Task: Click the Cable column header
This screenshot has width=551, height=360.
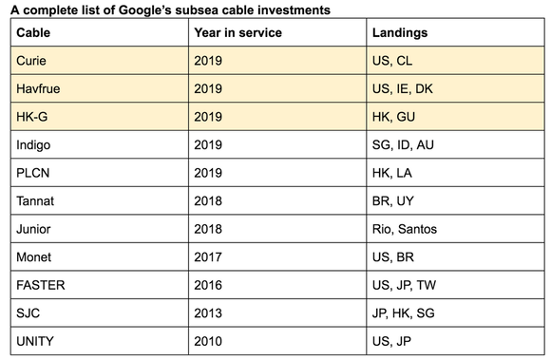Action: [33, 32]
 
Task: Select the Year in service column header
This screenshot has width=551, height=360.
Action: [238, 32]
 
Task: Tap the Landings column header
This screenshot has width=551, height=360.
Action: [400, 32]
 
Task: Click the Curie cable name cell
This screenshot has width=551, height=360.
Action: [31, 61]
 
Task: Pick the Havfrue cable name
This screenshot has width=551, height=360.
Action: [38, 89]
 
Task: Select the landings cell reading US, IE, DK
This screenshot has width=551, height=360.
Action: [408, 89]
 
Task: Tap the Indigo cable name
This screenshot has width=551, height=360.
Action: [34, 145]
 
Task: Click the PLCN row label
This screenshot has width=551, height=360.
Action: [33, 174]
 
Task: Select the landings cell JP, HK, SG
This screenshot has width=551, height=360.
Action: [408, 313]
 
